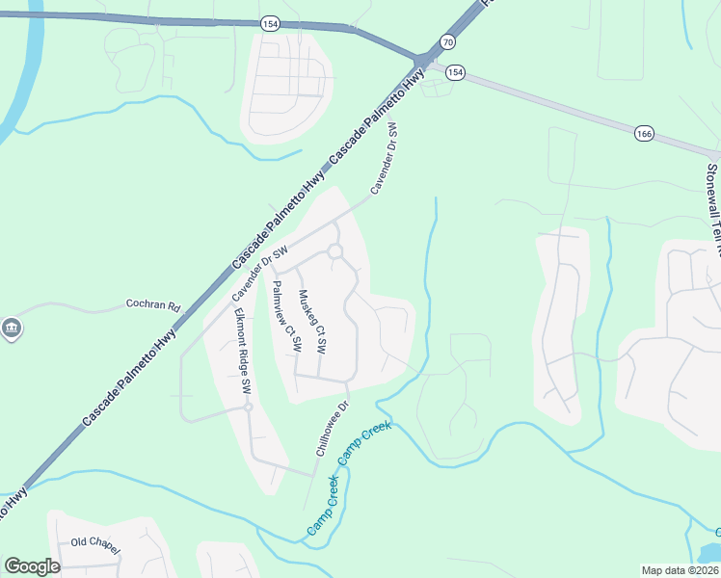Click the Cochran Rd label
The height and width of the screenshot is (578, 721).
[153, 305]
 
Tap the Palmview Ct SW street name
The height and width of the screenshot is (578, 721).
[286, 315]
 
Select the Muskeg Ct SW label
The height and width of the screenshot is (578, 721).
[313, 321]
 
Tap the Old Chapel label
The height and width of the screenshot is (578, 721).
[94, 544]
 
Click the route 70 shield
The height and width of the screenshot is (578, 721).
[445, 41]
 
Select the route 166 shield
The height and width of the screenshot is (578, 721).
[644, 133]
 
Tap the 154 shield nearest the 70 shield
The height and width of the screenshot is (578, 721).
[455, 72]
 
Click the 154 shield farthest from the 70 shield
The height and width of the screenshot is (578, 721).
[269, 22]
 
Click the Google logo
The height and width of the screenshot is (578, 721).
[32, 566]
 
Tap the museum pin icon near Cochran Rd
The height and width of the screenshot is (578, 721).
[12, 328]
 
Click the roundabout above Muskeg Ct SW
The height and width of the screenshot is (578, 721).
[335, 251]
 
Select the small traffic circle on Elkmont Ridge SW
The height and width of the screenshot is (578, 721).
[248, 407]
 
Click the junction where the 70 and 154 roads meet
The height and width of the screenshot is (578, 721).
[421, 64]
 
